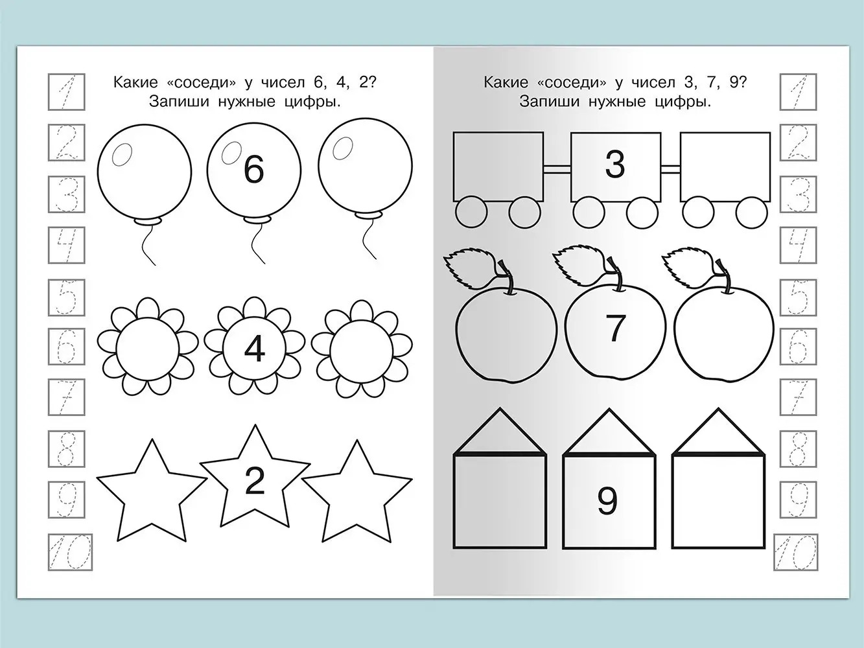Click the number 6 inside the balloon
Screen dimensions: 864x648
click(253, 170)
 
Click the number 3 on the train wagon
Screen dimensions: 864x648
click(615, 165)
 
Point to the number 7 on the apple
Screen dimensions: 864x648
click(616, 328)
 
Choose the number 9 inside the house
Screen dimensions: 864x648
click(607, 501)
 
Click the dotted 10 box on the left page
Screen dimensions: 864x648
click(70, 552)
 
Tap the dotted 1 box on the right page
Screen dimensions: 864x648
click(798, 91)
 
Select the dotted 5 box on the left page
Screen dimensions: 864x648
click(67, 297)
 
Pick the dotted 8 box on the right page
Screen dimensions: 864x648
click(799, 449)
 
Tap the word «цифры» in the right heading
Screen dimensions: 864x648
click(683, 102)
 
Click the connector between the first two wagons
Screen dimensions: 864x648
click(557, 170)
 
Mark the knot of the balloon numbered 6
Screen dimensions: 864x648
click(257, 219)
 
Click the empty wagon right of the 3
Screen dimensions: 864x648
click(725, 167)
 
